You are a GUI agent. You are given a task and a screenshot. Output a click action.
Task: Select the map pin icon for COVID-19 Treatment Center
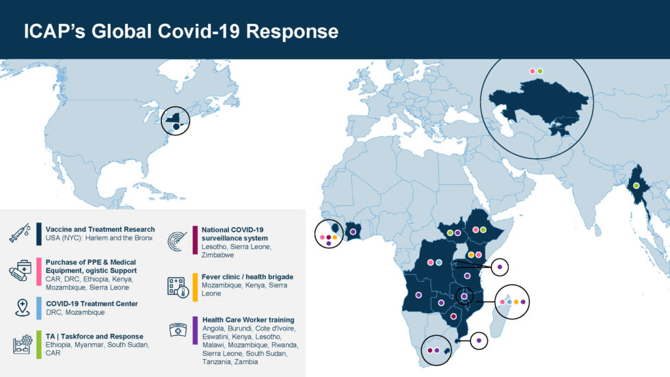pyautogui.click(x=22, y=307)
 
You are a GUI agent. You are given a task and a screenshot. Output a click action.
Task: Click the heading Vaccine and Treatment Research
pyautogui.click(x=100, y=229)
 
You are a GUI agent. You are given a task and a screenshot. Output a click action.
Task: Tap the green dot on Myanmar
pyautogui.click(x=636, y=185)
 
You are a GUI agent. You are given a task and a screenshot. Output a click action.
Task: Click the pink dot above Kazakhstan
pyautogui.click(x=532, y=70)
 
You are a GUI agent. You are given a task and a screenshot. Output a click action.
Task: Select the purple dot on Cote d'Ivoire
pyautogui.click(x=353, y=232)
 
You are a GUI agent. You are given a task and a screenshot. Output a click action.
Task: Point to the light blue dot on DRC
pyautogui.click(x=439, y=263)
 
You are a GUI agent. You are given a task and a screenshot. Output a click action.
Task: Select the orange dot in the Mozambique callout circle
pyautogui.click(x=516, y=301)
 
